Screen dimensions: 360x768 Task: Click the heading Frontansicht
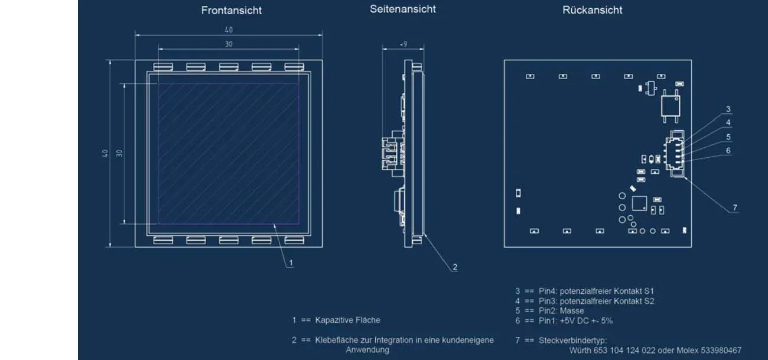click(231, 11)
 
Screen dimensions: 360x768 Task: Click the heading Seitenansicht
click(403, 9)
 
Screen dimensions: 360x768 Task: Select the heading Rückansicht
click(592, 10)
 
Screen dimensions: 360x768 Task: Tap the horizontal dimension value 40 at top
click(228, 30)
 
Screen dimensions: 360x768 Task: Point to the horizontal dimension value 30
click(228, 44)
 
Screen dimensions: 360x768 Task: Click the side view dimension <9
click(403, 44)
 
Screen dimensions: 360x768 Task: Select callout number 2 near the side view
click(454, 267)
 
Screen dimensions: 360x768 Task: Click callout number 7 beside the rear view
click(734, 207)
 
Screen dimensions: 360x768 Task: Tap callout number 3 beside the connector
click(728, 109)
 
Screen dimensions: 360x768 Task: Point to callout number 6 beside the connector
click(728, 151)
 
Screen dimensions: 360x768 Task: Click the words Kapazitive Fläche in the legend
click(347, 320)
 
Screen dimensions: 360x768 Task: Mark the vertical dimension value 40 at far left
click(105, 153)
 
